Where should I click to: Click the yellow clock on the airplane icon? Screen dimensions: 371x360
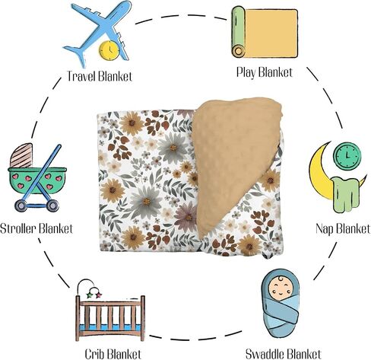[109, 50]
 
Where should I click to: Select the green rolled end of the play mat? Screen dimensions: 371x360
[238, 31]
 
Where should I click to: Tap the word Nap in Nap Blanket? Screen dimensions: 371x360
[325, 228]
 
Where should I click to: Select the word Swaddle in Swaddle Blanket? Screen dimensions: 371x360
[265, 354]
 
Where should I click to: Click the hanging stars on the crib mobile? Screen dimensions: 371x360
[94, 295]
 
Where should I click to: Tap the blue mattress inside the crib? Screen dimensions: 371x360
[109, 327]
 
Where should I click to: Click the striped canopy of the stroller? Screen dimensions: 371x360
[22, 156]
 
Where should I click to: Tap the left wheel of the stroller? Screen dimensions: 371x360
[21, 205]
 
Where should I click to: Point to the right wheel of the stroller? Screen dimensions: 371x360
[52, 205]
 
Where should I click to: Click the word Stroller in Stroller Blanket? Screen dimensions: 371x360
[18, 228]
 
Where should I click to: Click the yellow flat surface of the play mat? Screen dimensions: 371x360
[271, 33]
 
